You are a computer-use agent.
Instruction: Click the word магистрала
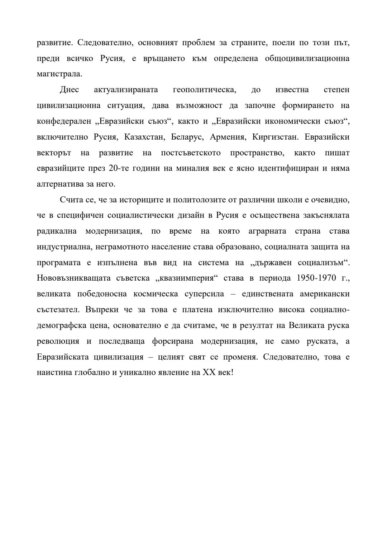(59, 74)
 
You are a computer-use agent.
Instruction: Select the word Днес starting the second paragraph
(69, 90)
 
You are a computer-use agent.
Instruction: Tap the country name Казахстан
(144, 137)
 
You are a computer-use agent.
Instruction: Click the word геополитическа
(204, 90)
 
